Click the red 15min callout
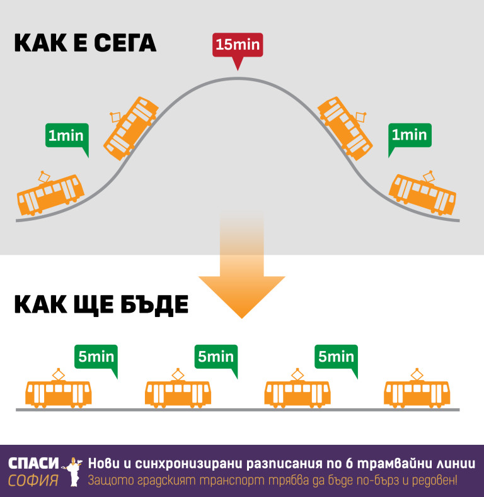click(x=236, y=46)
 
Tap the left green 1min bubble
click(x=66, y=135)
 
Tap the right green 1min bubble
click(x=409, y=135)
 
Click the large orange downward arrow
click(x=241, y=277)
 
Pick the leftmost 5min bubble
click(x=96, y=357)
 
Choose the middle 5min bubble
click(x=216, y=357)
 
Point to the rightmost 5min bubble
click(x=336, y=357)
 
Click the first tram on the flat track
click(x=58, y=393)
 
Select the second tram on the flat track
click(x=178, y=393)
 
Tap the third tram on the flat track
click(x=297, y=393)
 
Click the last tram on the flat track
click(x=417, y=393)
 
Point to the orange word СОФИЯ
click(x=33, y=481)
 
